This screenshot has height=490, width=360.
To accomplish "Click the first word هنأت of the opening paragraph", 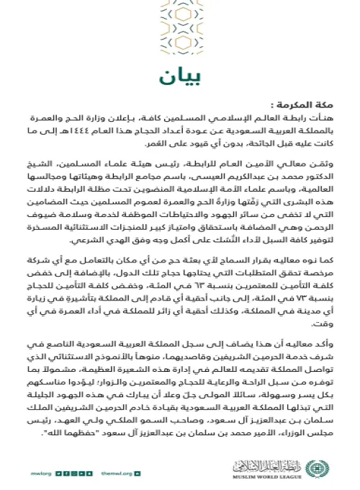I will [x=324, y=117].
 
